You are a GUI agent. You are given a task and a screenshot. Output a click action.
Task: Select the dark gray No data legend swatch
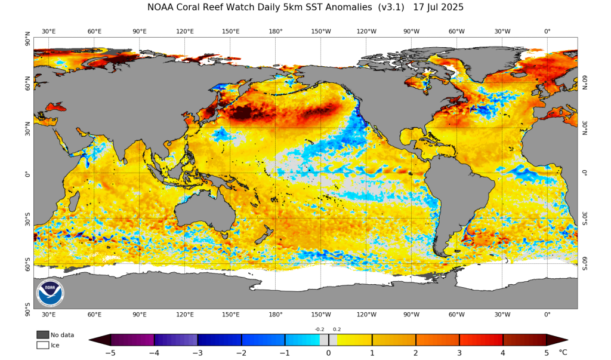(x=42, y=334)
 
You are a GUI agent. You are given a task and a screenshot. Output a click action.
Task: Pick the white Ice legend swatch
(x=42, y=344)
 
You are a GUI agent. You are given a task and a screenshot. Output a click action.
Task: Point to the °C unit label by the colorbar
(x=563, y=352)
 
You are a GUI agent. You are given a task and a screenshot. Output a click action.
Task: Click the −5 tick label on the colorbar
(x=110, y=352)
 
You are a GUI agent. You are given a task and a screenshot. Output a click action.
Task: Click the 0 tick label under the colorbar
(x=328, y=352)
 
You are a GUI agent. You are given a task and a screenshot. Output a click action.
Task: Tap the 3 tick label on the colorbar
(x=459, y=352)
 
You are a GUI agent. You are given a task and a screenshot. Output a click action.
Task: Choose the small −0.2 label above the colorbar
(x=320, y=329)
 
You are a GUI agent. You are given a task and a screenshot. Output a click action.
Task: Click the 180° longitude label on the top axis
(x=276, y=31)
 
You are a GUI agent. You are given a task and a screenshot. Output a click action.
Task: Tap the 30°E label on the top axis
(x=49, y=31)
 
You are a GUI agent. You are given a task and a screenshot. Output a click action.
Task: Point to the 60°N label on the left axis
(x=27, y=83)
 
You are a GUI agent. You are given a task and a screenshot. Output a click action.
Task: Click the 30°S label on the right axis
(x=585, y=218)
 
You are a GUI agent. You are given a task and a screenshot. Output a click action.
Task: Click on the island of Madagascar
(x=74, y=203)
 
